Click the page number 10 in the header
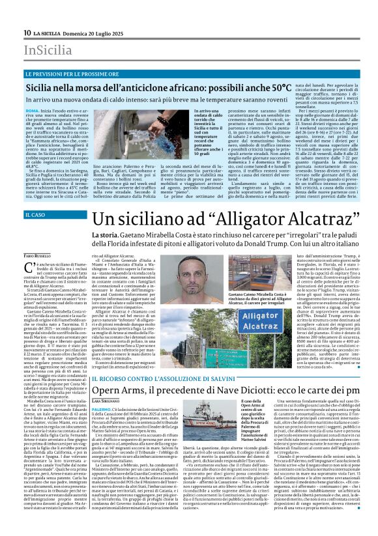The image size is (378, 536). point(27,33)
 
